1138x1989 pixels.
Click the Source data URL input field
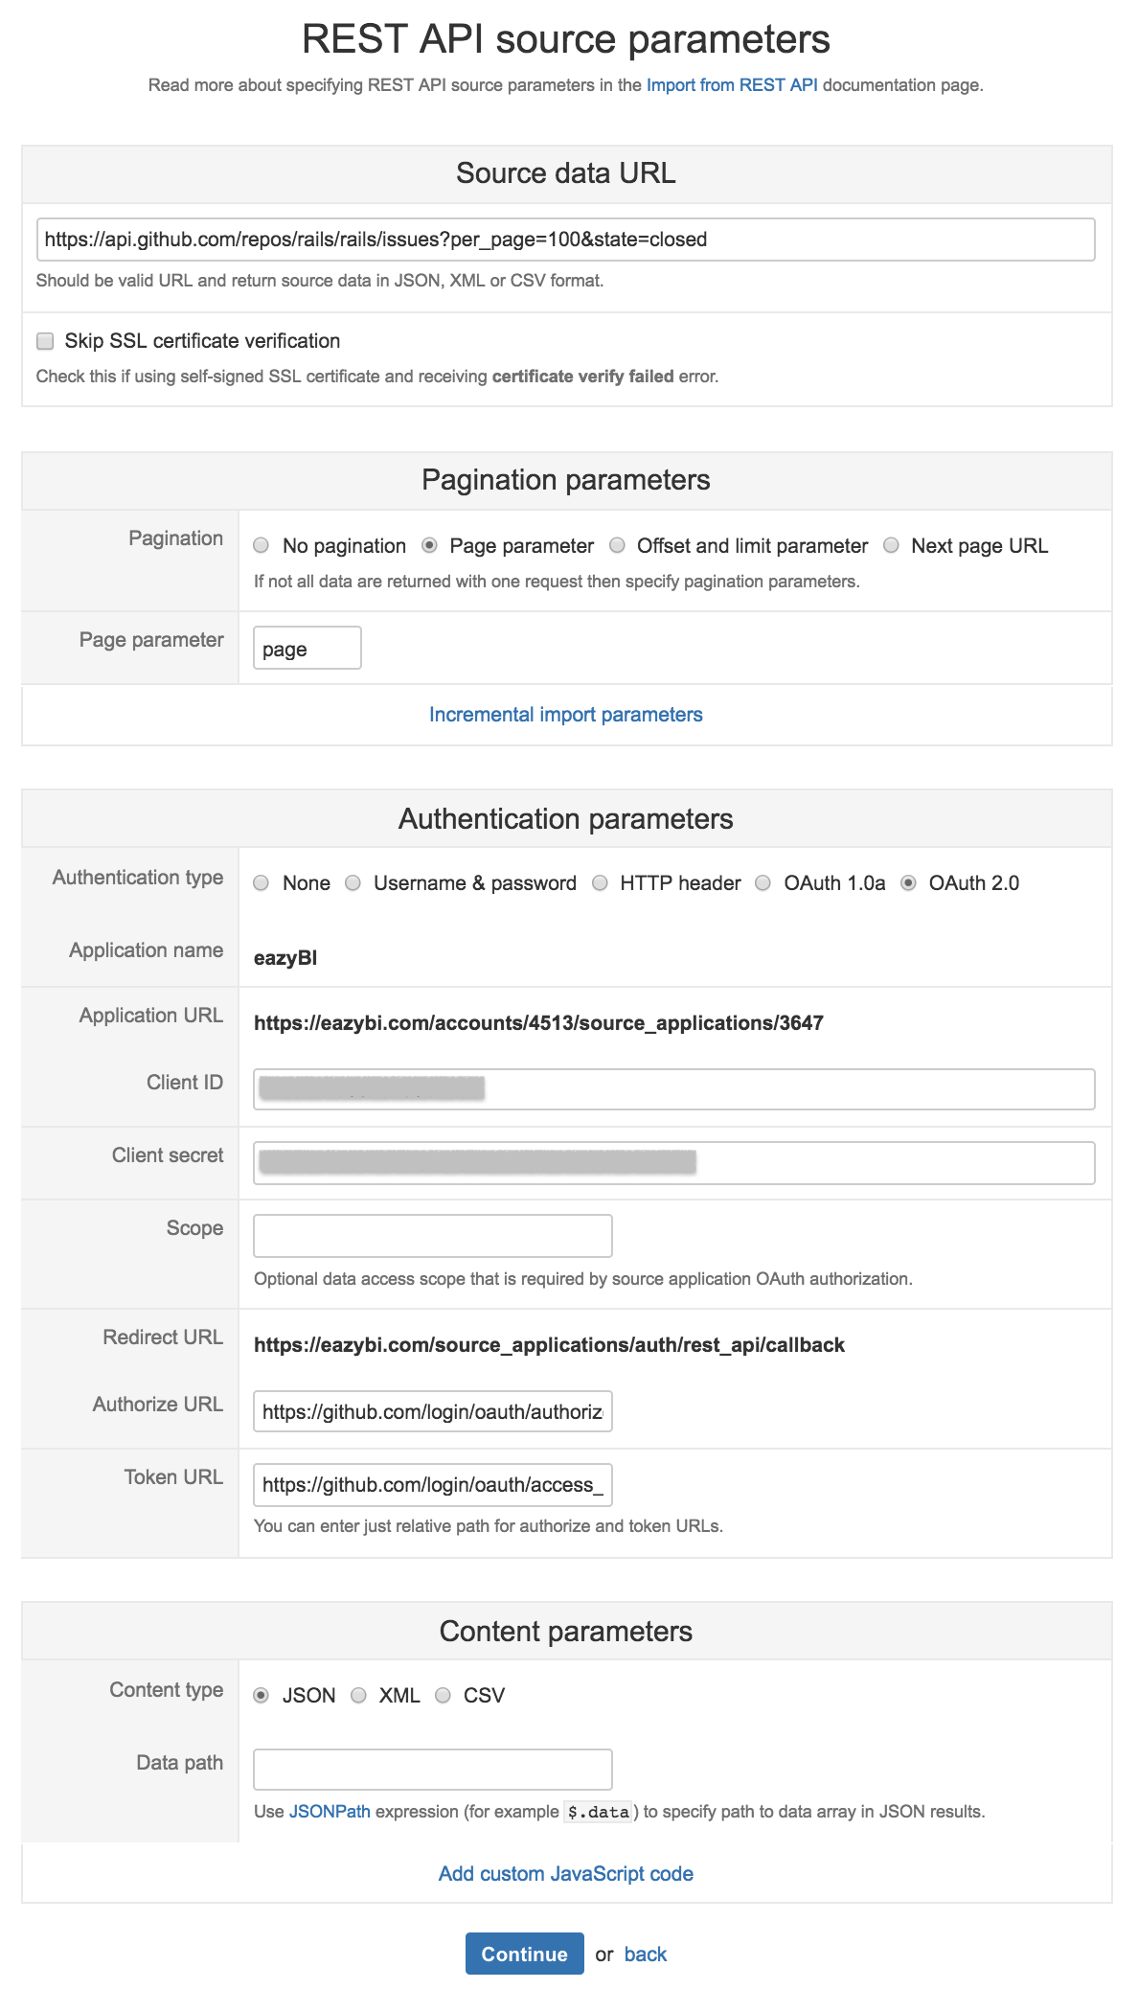(565, 240)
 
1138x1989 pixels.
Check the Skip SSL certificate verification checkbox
(45, 341)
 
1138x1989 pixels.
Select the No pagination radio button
(262, 545)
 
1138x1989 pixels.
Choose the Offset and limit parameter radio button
(618, 545)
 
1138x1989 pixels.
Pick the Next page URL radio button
(892, 545)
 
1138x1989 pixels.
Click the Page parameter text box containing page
(307, 649)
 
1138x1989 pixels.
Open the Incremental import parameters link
(565, 715)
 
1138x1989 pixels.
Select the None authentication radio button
(262, 882)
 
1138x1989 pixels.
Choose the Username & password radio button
(353, 882)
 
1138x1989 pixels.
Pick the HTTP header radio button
(600, 882)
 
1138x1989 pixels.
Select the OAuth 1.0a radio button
(763, 882)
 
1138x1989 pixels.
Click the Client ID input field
(673, 1089)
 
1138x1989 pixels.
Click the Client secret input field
(673, 1162)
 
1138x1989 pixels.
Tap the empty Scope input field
(432, 1236)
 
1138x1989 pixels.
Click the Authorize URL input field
(432, 1411)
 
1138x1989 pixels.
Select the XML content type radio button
(359, 1695)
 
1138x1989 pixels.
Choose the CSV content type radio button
(443, 1695)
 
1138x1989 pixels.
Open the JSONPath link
(330, 1812)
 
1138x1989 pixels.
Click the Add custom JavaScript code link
(565, 1874)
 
